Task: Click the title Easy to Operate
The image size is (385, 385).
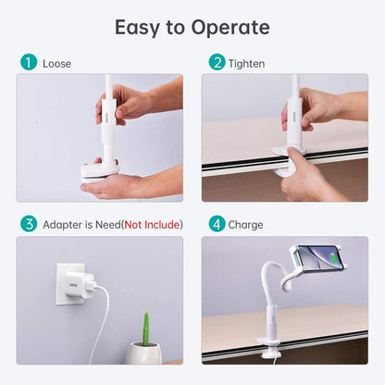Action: [x=192, y=27]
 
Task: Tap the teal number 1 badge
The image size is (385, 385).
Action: [x=28, y=63]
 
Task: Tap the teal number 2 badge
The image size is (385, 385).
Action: [x=217, y=63]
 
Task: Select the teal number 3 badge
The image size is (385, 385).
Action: [x=28, y=224]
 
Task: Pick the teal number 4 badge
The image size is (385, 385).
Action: [x=217, y=224]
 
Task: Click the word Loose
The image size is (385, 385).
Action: [x=56, y=64]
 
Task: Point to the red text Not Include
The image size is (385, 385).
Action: [x=152, y=225]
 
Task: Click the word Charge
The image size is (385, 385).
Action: [x=246, y=225]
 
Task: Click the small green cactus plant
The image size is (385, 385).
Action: [x=144, y=327]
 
